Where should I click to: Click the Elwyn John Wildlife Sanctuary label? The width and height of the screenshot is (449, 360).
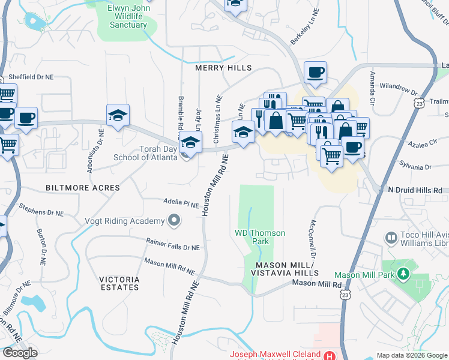point(128,16)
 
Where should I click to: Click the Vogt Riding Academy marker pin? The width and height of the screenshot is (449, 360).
point(174,221)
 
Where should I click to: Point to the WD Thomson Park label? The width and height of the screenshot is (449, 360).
point(252,236)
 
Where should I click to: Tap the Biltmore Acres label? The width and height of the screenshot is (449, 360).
point(82,188)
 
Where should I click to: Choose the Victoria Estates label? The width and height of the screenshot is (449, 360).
point(119,283)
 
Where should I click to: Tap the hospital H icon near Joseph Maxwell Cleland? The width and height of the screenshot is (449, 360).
point(329,355)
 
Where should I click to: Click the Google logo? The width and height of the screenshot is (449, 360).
point(20,353)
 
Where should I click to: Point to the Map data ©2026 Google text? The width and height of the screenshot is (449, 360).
point(412,355)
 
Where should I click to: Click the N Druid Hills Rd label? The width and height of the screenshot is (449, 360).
point(415,190)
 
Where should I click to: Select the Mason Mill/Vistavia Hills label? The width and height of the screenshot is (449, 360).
point(285,269)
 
